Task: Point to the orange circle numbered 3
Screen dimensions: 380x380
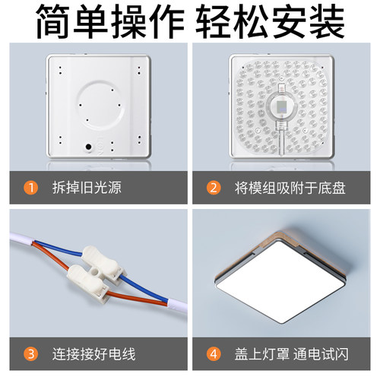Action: (30, 352)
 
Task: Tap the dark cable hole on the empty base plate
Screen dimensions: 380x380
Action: (89, 144)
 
